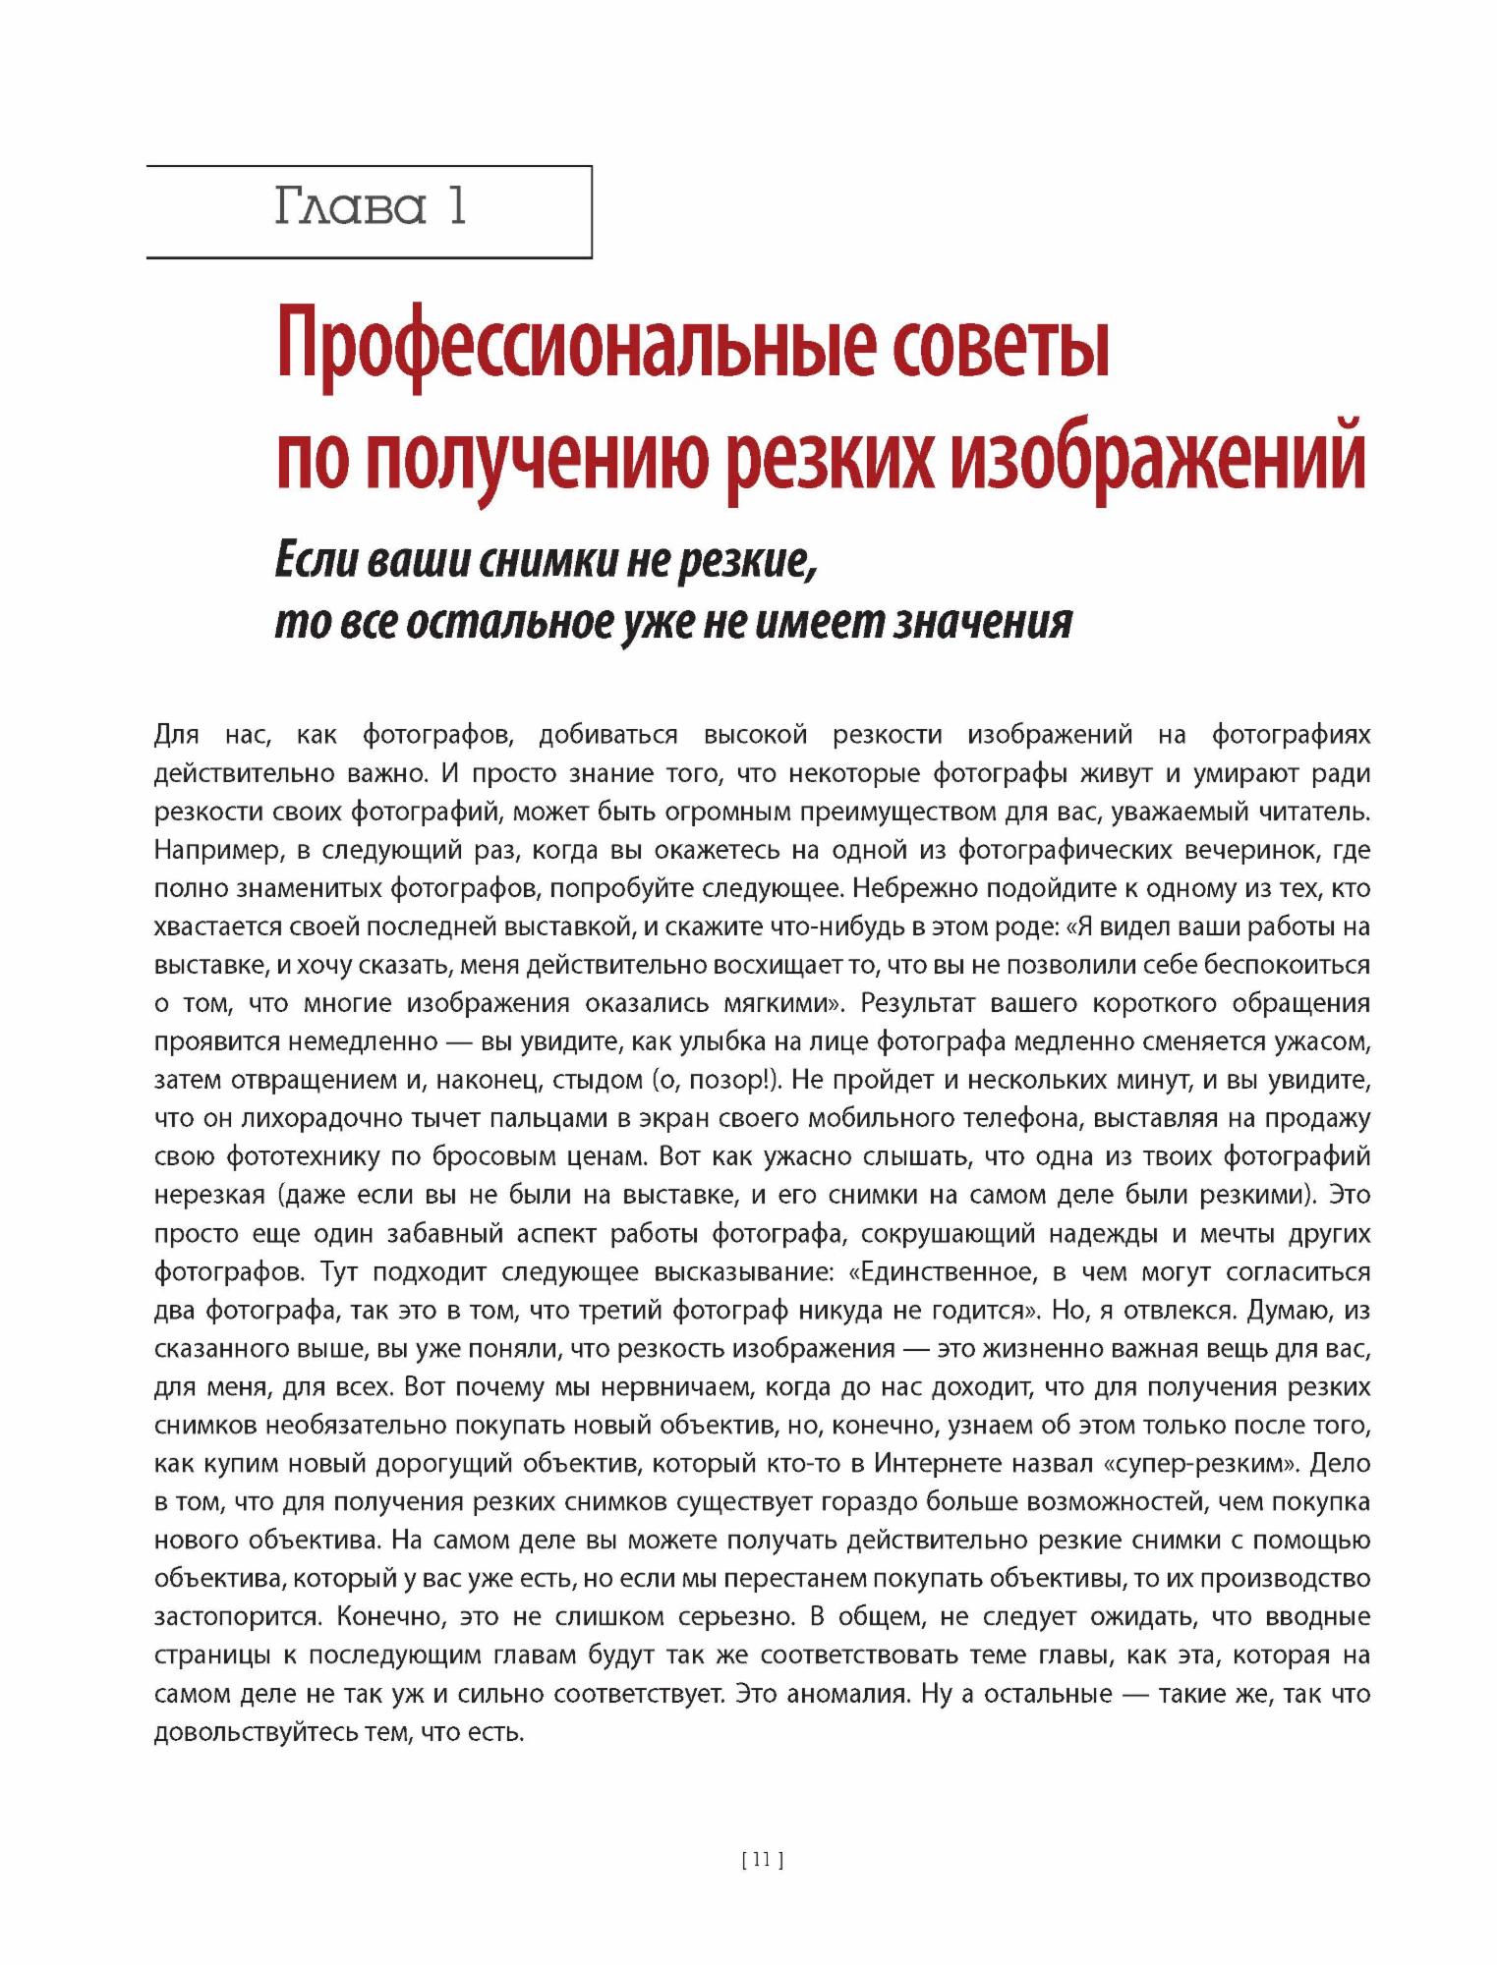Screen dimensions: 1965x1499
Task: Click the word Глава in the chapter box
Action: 350,209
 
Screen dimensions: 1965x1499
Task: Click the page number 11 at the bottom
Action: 762,1859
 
